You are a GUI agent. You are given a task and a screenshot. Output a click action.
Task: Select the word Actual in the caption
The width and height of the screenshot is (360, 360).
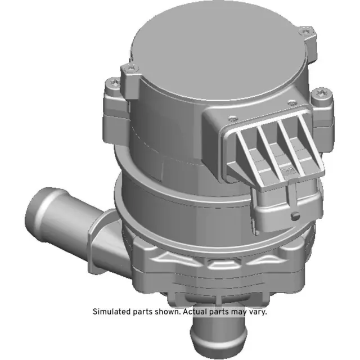coord(195,311)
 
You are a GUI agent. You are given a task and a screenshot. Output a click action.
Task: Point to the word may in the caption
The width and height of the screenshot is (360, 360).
coord(239,311)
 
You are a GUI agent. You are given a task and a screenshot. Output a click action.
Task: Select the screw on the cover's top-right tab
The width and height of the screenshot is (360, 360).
coord(305,33)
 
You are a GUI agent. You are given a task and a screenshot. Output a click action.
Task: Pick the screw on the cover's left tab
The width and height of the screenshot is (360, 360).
coord(130,69)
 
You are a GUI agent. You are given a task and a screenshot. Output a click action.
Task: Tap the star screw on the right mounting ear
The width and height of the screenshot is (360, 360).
coord(323,93)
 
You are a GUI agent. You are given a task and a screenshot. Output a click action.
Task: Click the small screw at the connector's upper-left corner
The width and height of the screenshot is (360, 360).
coord(231,118)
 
